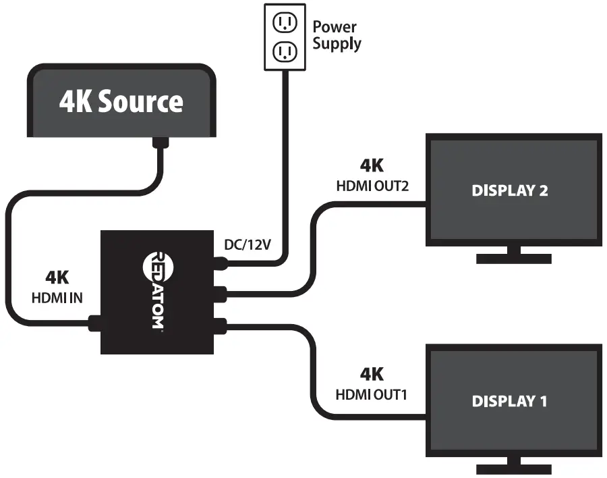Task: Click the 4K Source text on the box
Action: (x=121, y=101)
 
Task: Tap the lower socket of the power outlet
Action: (x=284, y=51)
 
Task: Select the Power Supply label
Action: (x=336, y=36)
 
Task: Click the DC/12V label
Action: (x=248, y=244)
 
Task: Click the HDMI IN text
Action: (x=57, y=297)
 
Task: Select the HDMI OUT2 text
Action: (x=372, y=186)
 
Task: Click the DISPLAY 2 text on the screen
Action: (x=510, y=190)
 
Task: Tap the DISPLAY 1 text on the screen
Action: (x=510, y=401)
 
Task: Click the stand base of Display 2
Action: (x=514, y=259)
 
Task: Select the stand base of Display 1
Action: (x=514, y=469)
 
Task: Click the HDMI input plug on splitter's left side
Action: (x=94, y=324)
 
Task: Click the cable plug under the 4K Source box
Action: (x=161, y=143)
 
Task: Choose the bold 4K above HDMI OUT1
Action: (x=372, y=374)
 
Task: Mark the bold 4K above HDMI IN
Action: (x=57, y=277)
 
